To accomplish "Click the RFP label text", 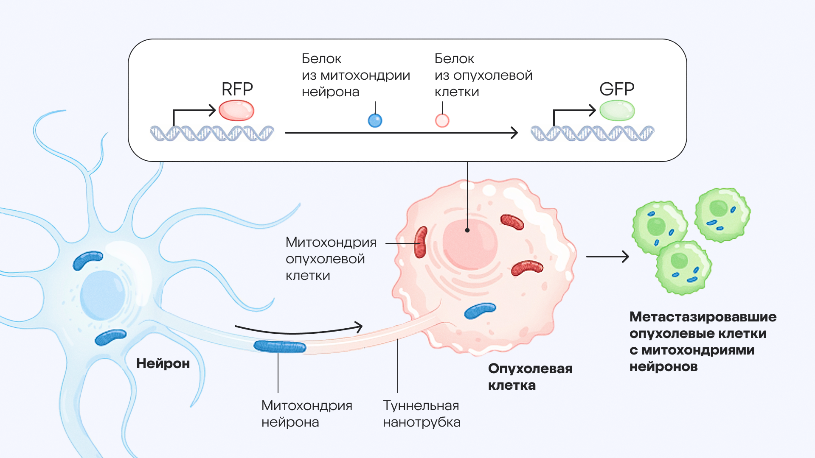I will point(237,89).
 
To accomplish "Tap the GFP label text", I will point(616,89).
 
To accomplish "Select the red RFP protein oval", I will point(236,111).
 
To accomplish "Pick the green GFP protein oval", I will point(617,111).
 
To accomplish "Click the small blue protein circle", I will point(375,121).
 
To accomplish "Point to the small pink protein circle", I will point(442,121).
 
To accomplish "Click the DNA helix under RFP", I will point(212,133).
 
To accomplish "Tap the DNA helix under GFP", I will point(592,133).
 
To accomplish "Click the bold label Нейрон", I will point(163,363).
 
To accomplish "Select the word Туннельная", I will point(421,405).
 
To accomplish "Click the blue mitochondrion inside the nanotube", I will point(280,346).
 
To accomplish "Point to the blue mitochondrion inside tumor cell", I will point(480,310).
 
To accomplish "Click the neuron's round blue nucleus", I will point(102,295).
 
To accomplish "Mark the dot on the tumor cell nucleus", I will point(467,230).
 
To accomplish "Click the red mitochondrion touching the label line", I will point(420,243).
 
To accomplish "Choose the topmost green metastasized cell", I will point(722,215).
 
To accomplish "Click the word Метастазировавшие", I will point(703,317).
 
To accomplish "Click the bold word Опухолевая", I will point(530,369).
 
